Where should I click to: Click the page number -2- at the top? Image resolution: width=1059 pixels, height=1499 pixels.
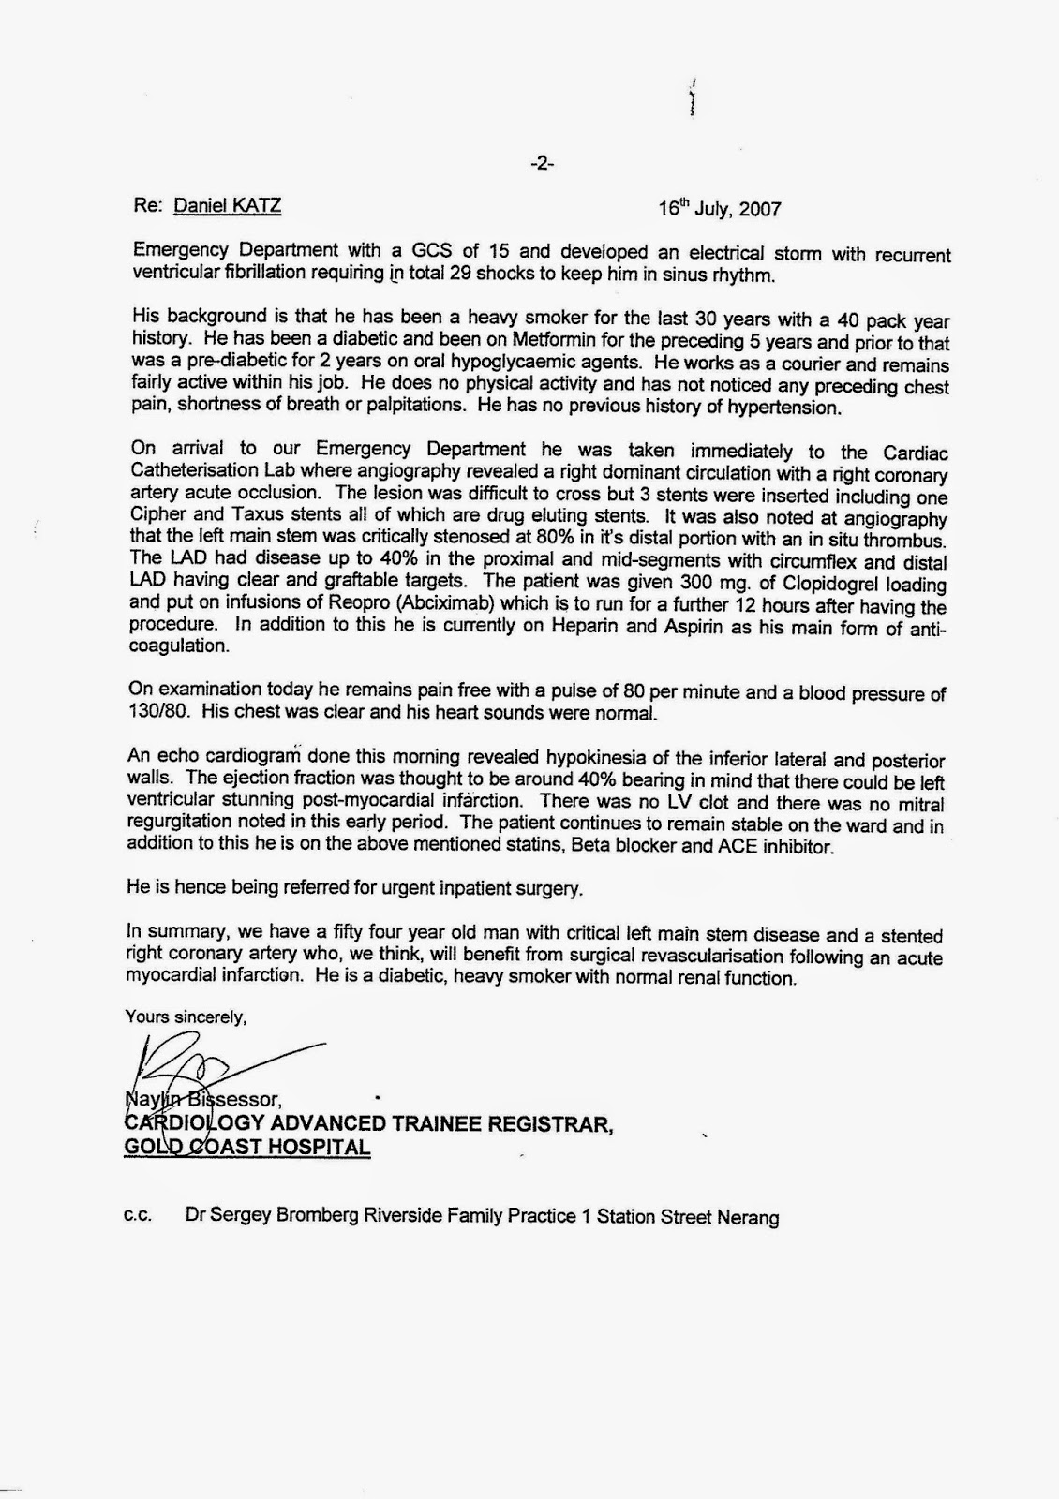(542, 163)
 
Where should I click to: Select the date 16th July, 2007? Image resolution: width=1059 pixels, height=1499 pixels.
(719, 208)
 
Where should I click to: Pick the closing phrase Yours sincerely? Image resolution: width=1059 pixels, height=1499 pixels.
(186, 1016)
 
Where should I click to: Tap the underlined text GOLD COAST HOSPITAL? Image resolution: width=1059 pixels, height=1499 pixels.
(246, 1147)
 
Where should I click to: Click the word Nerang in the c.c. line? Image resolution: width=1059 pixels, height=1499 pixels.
(747, 1217)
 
